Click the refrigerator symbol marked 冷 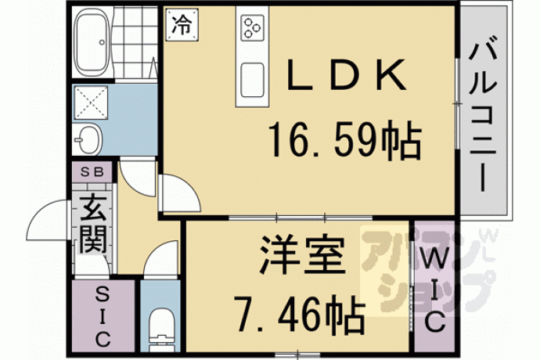click(182, 25)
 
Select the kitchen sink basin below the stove click(253, 80)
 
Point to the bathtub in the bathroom click(92, 42)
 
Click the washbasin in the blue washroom click(88, 139)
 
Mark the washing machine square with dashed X click(91, 103)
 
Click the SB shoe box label click(92, 172)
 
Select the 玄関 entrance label click(92, 223)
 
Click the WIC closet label click(434, 291)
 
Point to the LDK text click(346, 75)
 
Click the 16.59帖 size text click(345, 139)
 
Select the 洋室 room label click(302, 254)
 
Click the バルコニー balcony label click(484, 118)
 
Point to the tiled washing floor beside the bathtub click(135, 42)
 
